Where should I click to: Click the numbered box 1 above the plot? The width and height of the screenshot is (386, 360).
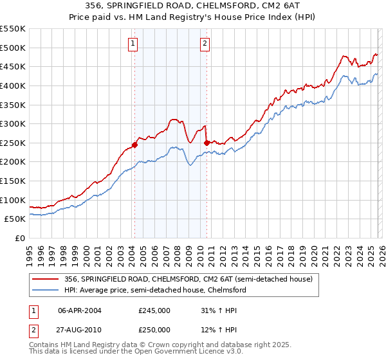click(133, 44)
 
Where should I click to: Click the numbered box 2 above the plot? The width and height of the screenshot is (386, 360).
click(205, 44)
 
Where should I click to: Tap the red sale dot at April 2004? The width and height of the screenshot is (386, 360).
click(134, 145)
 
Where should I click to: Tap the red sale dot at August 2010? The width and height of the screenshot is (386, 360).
click(207, 143)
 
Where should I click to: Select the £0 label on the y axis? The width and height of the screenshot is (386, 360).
click(20, 238)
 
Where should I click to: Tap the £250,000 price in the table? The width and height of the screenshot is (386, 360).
click(154, 330)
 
